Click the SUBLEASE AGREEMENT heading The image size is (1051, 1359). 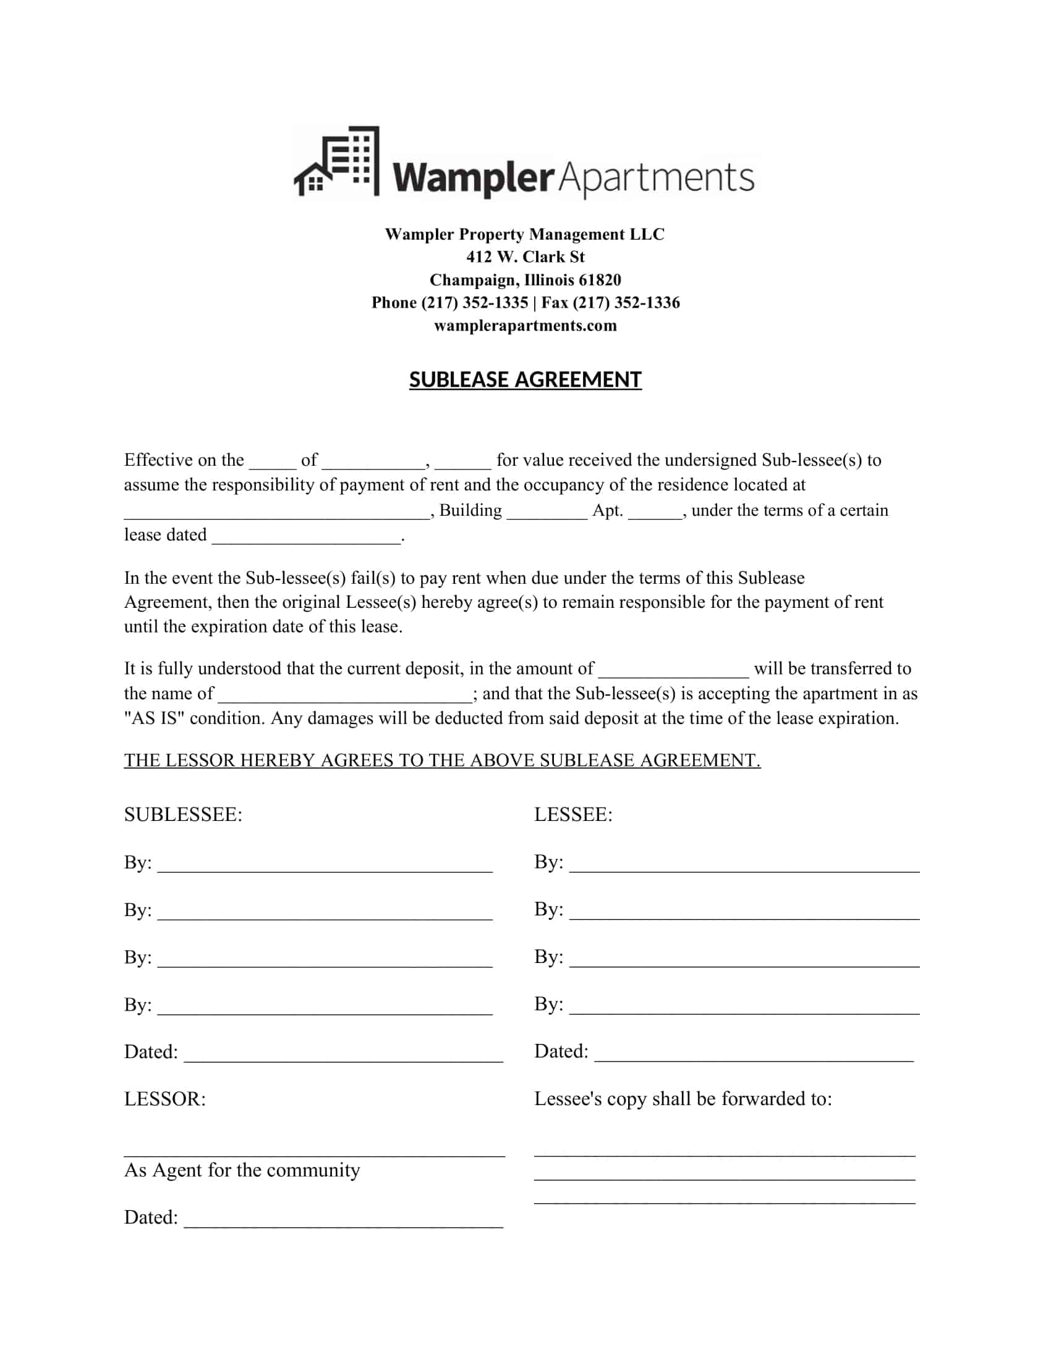(x=525, y=379)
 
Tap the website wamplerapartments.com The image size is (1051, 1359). (x=525, y=326)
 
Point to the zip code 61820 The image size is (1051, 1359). (x=599, y=280)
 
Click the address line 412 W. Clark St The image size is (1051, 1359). (x=525, y=257)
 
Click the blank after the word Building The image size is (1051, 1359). (x=547, y=512)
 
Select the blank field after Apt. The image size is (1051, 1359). (x=655, y=512)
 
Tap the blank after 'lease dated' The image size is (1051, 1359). (x=306, y=536)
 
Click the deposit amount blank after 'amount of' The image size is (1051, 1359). (x=673, y=670)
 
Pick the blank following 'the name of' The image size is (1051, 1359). (x=344, y=695)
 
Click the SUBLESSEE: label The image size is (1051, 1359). (x=183, y=815)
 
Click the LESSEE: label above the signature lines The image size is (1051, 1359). (x=573, y=815)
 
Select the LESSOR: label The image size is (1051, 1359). (x=164, y=1099)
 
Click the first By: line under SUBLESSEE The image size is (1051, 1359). (x=325, y=865)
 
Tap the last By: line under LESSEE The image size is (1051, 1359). (x=744, y=1006)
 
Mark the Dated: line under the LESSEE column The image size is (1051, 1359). (x=754, y=1053)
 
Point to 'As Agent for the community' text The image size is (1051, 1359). (x=242, y=1171)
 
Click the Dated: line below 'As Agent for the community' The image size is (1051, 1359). (x=343, y=1219)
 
